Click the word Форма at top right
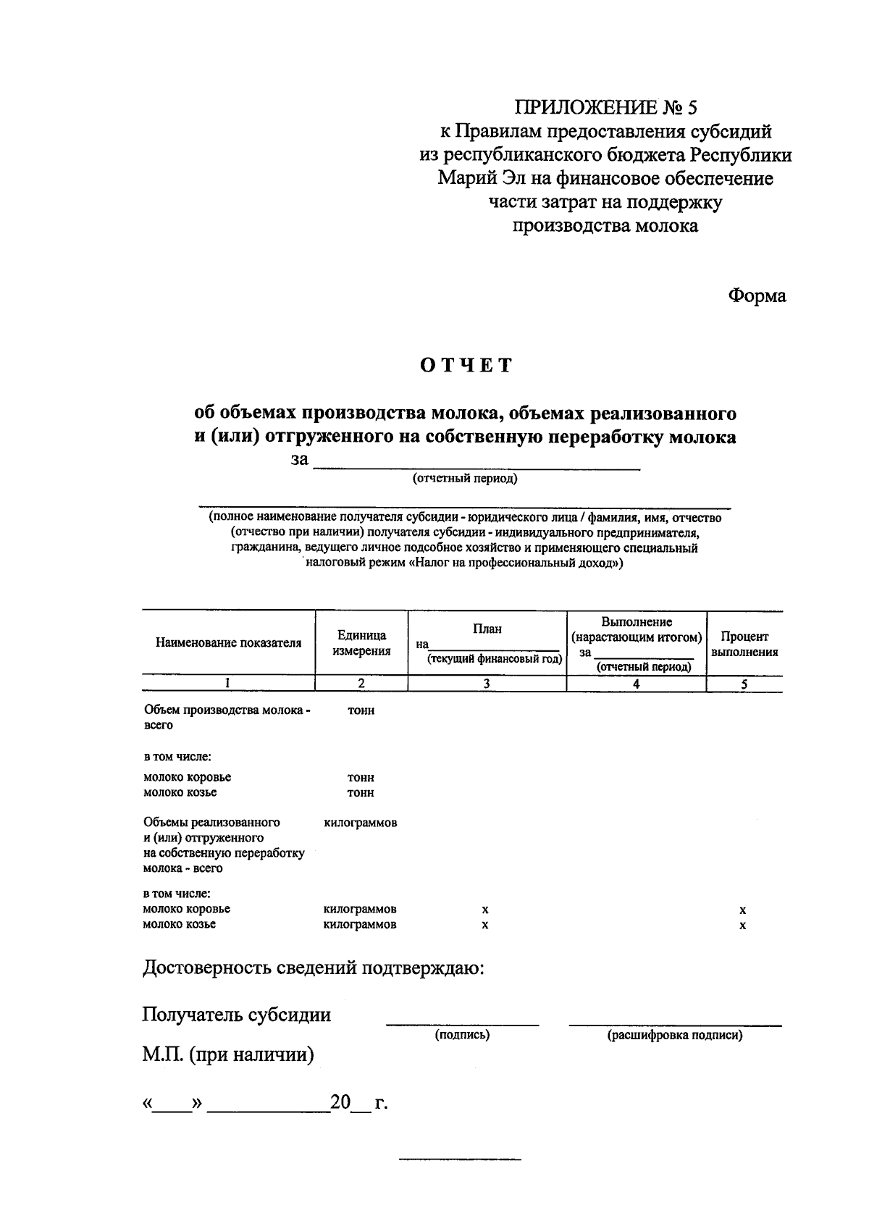pyautogui.click(x=757, y=296)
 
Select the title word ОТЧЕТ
pyautogui.click(x=466, y=365)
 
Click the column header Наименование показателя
pyautogui.click(x=228, y=643)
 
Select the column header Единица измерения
pyautogui.click(x=361, y=643)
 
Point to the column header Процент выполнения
pyautogui.click(x=744, y=644)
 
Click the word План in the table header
pyautogui.click(x=487, y=629)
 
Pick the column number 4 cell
pyautogui.click(x=636, y=684)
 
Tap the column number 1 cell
pyautogui.click(x=228, y=683)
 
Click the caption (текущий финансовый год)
pyautogui.click(x=495, y=659)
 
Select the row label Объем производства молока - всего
pyautogui.click(x=226, y=717)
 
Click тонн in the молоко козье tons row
pyautogui.click(x=361, y=793)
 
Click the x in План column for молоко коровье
pyautogui.click(x=485, y=910)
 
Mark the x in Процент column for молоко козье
pyautogui.click(x=743, y=926)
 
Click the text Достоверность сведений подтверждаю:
pyautogui.click(x=313, y=968)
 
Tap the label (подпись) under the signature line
pyautogui.click(x=462, y=1035)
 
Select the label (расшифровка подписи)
pyautogui.click(x=675, y=1036)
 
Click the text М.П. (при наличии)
pyautogui.click(x=228, y=1054)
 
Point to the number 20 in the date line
pyautogui.click(x=340, y=1103)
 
